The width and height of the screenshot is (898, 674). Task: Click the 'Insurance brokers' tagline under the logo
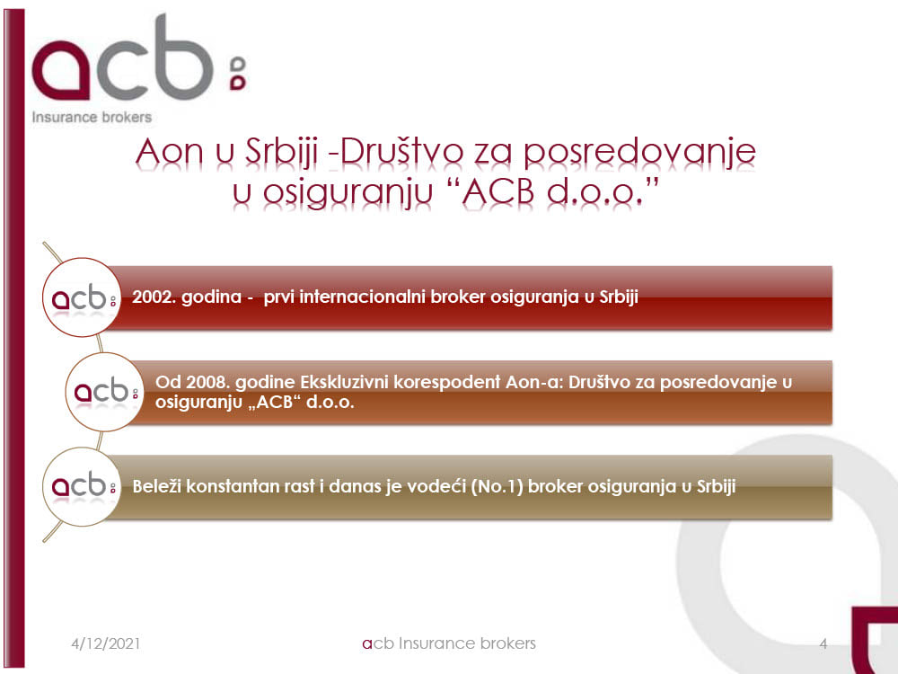(92, 117)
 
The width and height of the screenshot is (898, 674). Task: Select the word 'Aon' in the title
(170, 152)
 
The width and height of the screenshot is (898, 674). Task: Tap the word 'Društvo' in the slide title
(396, 152)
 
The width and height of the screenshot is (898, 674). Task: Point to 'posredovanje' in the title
(640, 153)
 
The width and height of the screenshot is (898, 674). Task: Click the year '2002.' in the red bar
(153, 297)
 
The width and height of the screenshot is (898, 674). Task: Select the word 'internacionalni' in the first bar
(362, 297)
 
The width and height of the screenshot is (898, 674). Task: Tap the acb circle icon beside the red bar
(82, 297)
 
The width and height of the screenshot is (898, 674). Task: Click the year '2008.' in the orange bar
(207, 382)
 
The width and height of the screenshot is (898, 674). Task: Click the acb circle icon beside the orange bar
(104, 392)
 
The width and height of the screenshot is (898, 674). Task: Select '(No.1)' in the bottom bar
(497, 486)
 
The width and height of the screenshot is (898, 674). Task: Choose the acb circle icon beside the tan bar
(82, 486)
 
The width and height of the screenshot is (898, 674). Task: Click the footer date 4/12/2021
(106, 643)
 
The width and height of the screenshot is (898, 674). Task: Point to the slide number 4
(823, 643)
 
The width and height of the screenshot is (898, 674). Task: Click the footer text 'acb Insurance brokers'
(449, 643)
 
